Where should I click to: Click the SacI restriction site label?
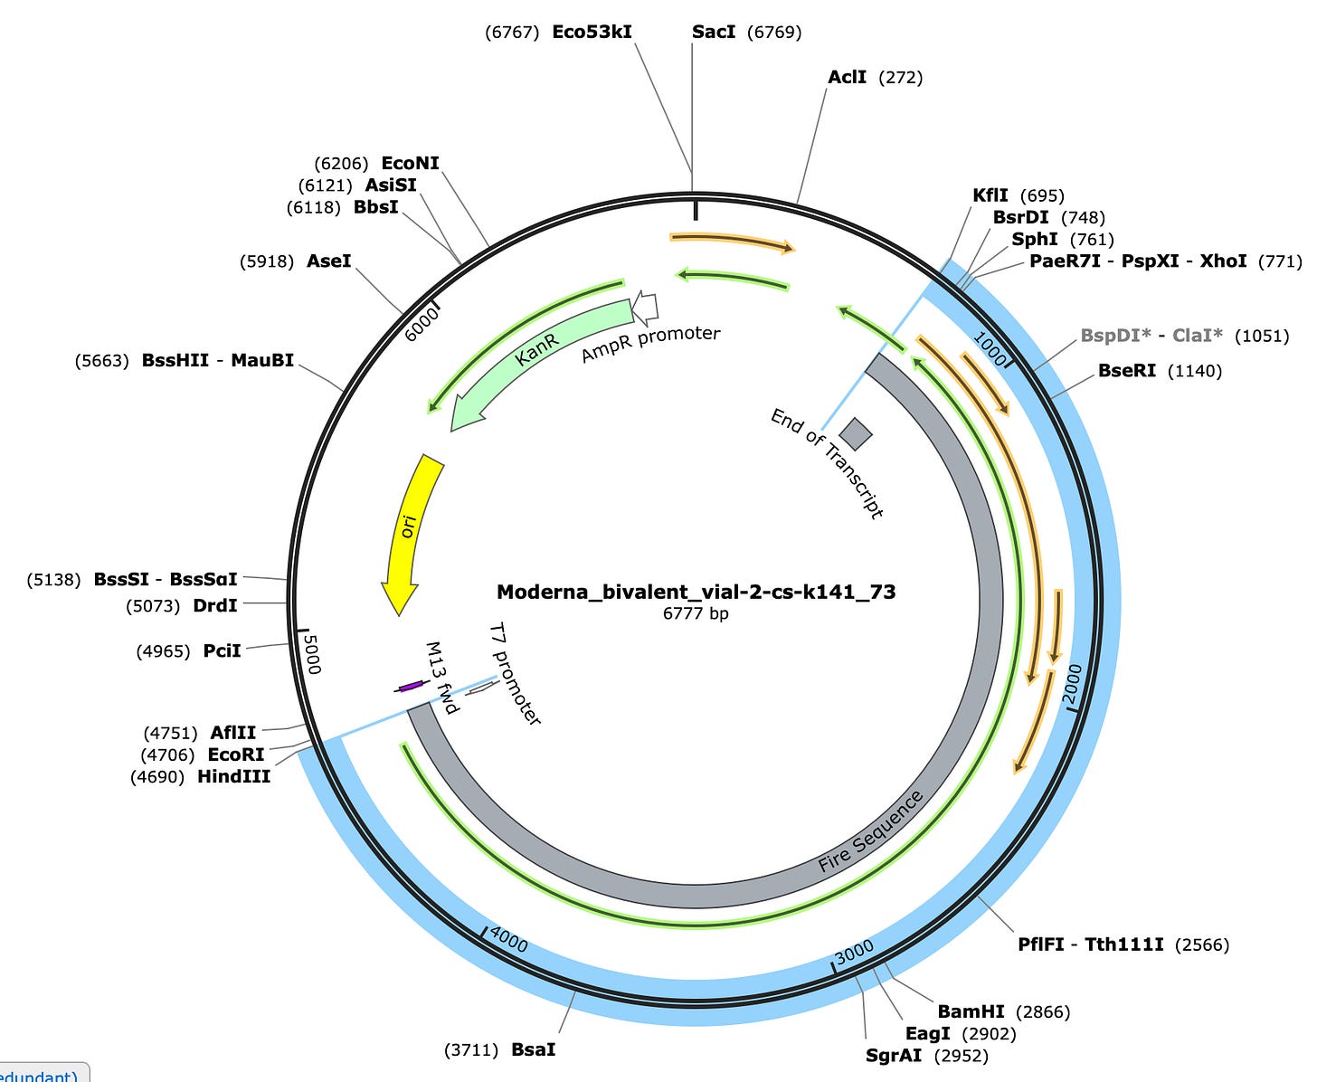[713, 33]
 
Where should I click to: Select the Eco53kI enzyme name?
[592, 33]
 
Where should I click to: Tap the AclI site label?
[847, 78]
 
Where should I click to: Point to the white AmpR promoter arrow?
[645, 308]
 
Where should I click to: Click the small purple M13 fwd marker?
[410, 687]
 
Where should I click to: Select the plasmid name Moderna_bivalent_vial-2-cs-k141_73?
[696, 592]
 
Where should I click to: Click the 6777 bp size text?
[696, 613]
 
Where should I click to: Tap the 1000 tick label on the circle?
[990, 347]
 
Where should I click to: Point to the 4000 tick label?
[509, 941]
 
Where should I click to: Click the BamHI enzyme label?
[971, 1011]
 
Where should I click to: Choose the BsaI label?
[534, 1049]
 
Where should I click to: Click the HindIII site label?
[233, 776]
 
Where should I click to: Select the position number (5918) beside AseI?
[267, 261]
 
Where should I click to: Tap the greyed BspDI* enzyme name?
[1115, 336]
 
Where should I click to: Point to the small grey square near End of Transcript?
[856, 433]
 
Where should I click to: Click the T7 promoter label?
[515, 673]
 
